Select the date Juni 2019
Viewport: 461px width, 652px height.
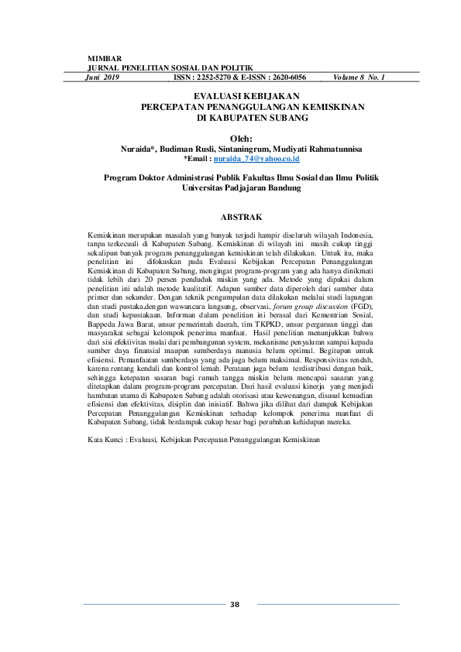pyautogui.click(x=102, y=78)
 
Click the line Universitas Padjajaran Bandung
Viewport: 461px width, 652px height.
pyautogui.click(x=242, y=187)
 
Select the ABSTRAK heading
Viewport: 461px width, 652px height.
pyautogui.click(x=242, y=217)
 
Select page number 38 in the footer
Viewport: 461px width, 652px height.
pyautogui.click(x=235, y=605)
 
